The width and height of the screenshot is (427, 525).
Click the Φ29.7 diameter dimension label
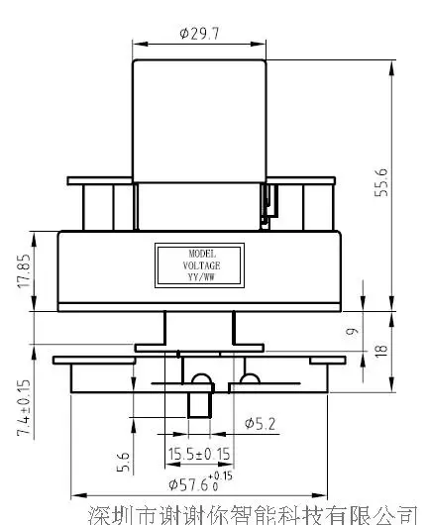199,33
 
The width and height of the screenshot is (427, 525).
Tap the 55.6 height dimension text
381,182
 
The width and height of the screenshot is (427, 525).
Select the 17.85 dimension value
24,271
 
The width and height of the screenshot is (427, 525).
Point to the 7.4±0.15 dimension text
24,408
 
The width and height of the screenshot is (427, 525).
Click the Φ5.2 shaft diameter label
260,424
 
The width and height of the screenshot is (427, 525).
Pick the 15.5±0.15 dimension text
199,454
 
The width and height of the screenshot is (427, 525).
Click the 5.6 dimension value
123,462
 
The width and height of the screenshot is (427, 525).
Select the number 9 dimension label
352,331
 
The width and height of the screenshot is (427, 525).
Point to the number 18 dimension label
381,351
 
